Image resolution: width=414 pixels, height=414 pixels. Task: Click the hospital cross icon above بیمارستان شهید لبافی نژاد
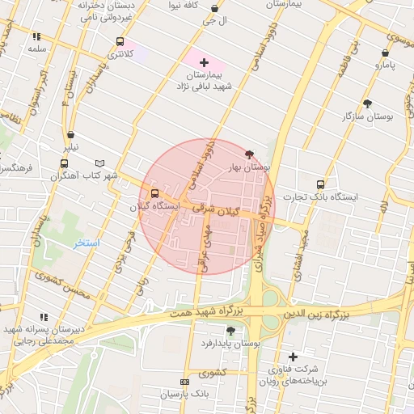tap(204, 62)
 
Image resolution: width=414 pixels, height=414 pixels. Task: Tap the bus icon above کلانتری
tap(120, 41)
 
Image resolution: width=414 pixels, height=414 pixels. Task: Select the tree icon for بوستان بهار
tap(248, 154)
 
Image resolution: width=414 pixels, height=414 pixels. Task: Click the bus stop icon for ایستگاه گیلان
tap(154, 193)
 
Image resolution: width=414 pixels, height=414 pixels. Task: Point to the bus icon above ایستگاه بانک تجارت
tap(320, 184)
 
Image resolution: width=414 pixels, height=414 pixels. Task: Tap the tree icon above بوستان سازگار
tap(368, 103)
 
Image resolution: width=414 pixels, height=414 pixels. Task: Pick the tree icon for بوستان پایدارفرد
tap(231, 330)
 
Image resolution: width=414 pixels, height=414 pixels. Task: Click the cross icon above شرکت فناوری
tap(293, 357)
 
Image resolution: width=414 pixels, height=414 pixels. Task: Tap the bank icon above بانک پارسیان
tap(185, 382)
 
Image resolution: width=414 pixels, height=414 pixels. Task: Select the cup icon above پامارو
tap(380, 49)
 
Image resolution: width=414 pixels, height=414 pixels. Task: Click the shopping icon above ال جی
tap(214, 9)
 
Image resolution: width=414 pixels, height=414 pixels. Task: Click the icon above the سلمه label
tap(36, 36)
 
